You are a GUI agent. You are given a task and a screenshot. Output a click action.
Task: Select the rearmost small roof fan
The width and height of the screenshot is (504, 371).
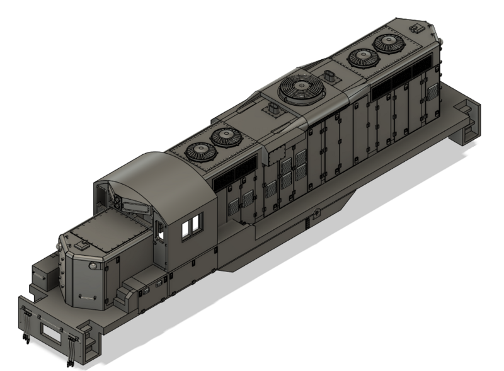click(388, 43)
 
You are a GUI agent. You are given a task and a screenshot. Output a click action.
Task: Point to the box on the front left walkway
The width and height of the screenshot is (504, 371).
click(42, 278)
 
